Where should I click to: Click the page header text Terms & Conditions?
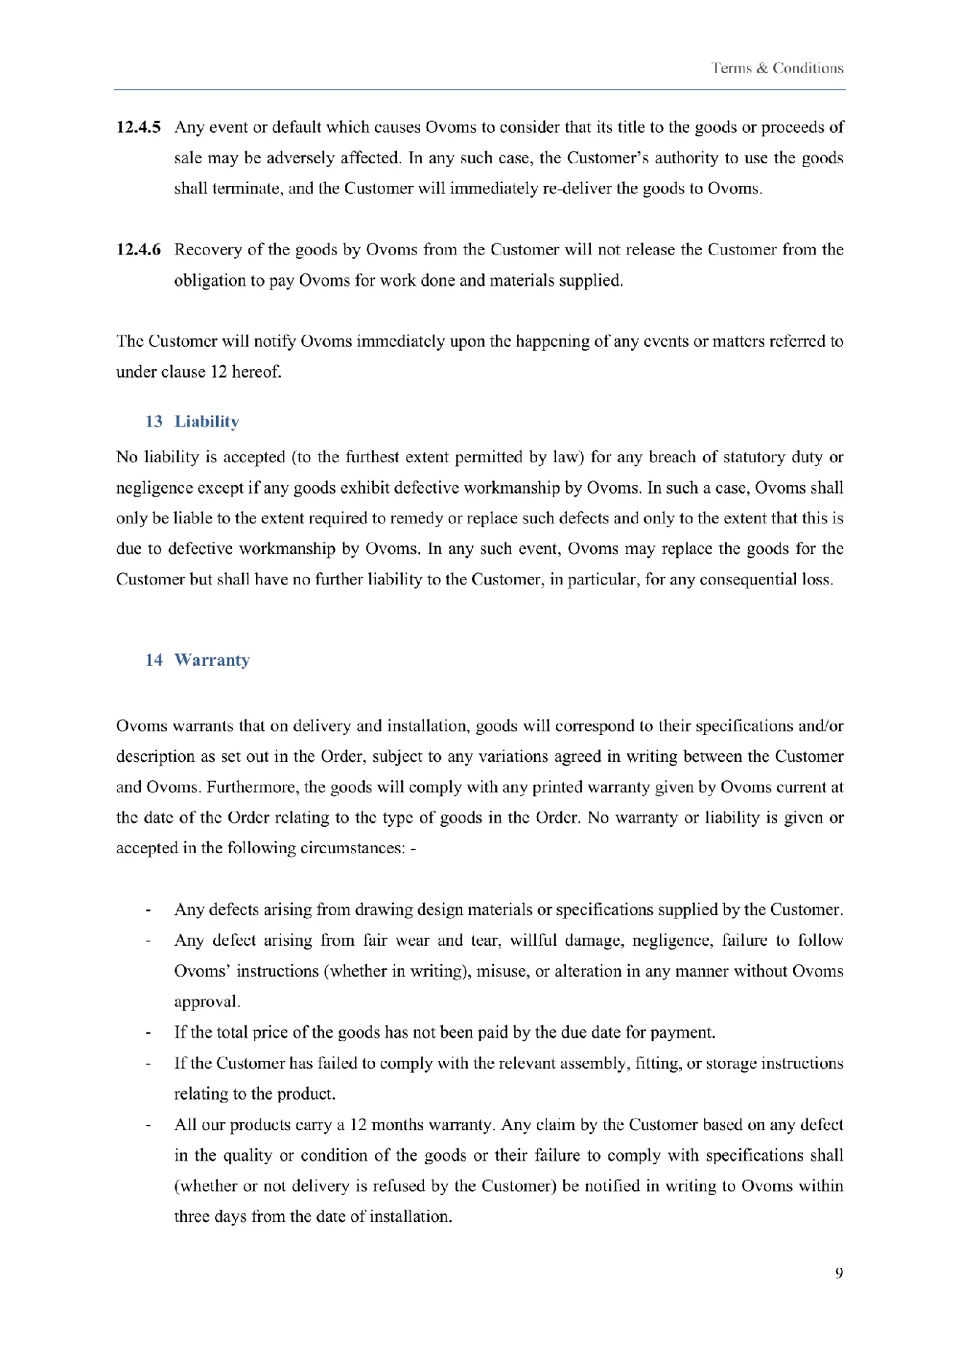(x=778, y=69)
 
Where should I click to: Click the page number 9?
(x=839, y=1273)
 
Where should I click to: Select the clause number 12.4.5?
(x=139, y=128)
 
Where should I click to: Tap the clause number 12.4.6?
(x=139, y=250)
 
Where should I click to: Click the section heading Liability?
(x=206, y=421)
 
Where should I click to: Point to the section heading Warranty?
(x=212, y=660)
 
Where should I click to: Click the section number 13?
(x=154, y=421)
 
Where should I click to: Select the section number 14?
(x=154, y=660)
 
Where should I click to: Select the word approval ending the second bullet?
(x=206, y=1002)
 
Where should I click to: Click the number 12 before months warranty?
(x=358, y=1125)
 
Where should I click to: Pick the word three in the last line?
(x=192, y=1217)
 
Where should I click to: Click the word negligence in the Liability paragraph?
(x=152, y=488)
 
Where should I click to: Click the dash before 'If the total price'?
(x=149, y=1033)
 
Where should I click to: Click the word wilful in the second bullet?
(x=533, y=941)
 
